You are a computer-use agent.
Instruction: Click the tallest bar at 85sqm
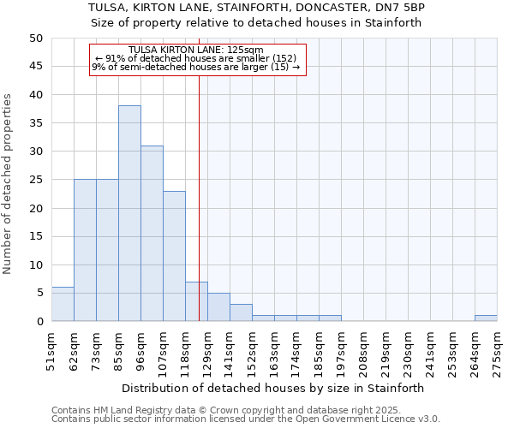pyautogui.click(x=129, y=213)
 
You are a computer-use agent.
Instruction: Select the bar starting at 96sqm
pyautogui.click(x=152, y=233)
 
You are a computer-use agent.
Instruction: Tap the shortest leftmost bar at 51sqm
pyautogui.click(x=63, y=304)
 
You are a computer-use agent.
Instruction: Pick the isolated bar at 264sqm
pyautogui.click(x=486, y=318)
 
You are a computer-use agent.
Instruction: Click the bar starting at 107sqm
pyautogui.click(x=174, y=256)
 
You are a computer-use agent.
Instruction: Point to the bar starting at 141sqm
pyautogui.click(x=241, y=312)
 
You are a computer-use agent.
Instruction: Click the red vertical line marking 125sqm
pyautogui.click(x=199, y=171)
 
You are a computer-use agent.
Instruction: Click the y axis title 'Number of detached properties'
pyautogui.click(x=9, y=184)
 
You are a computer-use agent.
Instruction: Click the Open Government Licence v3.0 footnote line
pyautogui.click(x=246, y=419)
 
